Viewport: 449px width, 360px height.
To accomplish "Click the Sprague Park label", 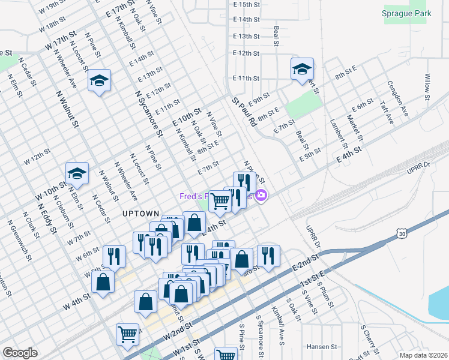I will tap(407, 13).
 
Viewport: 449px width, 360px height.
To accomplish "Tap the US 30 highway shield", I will tap(403, 232).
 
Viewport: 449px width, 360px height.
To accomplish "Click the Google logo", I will tap(20, 353).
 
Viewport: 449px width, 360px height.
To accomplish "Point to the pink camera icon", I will tap(261, 195).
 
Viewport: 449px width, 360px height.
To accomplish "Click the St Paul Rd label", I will tap(244, 112).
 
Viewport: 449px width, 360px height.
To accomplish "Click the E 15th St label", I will tap(246, 4).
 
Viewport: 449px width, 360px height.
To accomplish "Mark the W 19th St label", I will tap(52, 8).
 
